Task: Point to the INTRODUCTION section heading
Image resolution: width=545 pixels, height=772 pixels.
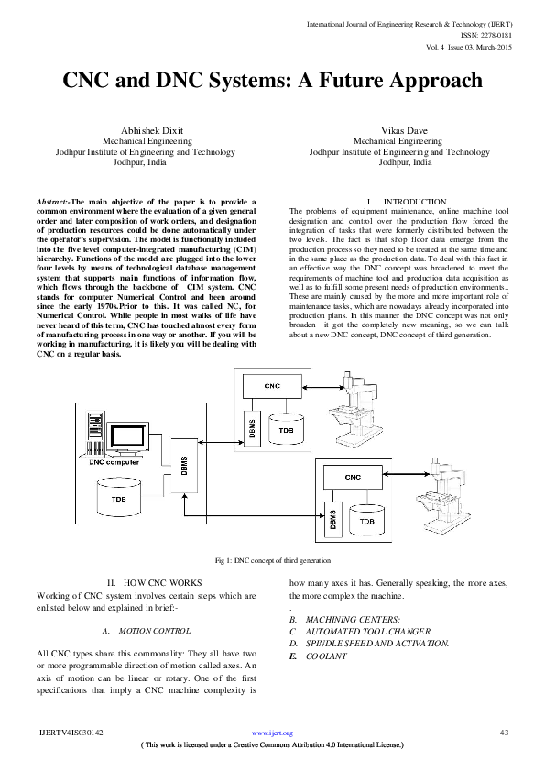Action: point(414,201)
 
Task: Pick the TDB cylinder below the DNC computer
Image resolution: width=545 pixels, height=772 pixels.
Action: point(118,499)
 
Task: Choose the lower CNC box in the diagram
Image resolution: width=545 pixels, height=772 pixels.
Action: point(352,477)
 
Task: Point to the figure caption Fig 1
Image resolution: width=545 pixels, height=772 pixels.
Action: point(271,560)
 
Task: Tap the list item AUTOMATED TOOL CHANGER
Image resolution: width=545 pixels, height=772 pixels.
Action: point(366,632)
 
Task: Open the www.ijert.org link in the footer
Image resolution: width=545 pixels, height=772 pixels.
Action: point(272,733)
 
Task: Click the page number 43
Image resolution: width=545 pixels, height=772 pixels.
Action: point(503,733)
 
